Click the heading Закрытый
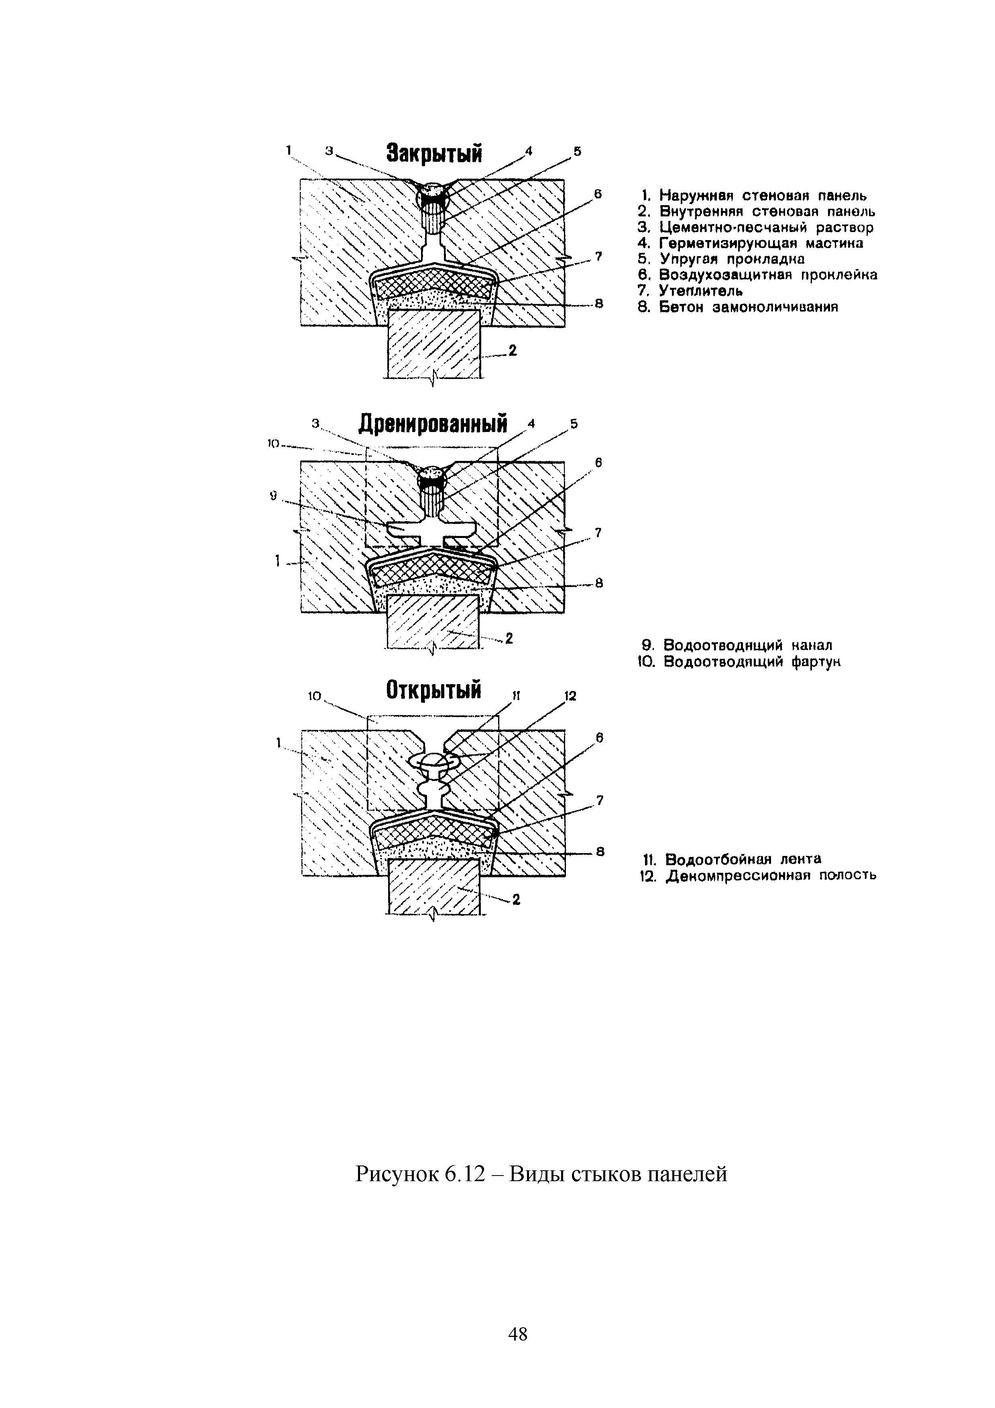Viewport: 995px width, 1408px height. tap(433, 154)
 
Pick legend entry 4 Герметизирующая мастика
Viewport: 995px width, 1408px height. tap(751, 243)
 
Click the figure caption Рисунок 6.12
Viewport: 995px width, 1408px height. tap(541, 1174)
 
